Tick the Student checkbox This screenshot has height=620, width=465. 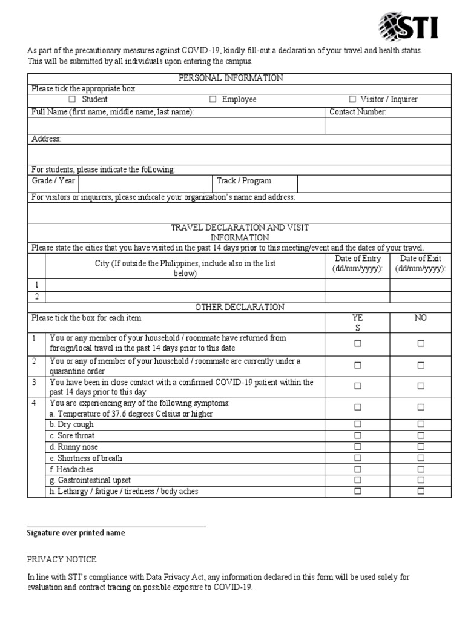tap(72, 99)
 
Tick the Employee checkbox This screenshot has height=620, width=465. tap(213, 99)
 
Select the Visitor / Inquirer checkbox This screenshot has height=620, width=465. tap(352, 99)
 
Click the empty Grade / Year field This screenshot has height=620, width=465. tap(145, 181)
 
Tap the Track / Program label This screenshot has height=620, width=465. tap(244, 181)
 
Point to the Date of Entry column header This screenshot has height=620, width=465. tap(357, 264)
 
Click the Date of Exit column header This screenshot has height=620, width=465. tap(420, 264)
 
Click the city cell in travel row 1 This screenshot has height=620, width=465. tap(185, 285)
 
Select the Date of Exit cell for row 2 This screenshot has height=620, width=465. tap(420, 297)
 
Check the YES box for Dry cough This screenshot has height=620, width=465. tap(357, 424)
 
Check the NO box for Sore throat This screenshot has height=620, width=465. tap(420, 435)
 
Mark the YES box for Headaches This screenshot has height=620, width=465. tap(357, 469)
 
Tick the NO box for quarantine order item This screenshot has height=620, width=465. tap(420, 365)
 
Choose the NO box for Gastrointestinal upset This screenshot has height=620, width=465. tap(420, 480)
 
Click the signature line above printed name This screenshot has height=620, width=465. tap(116, 526)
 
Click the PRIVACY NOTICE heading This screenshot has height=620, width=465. tap(62, 559)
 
